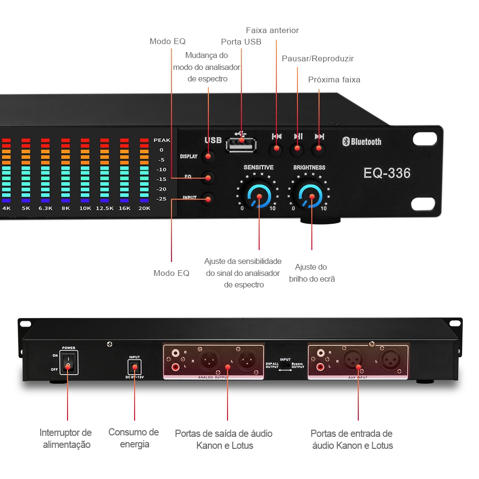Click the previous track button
coord(276,149)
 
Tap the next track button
coord(319,149)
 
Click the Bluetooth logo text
coord(362,141)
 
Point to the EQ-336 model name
coord(387,173)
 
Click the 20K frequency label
coord(144,208)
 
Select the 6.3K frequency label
coord(46,208)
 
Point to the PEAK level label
coord(162,140)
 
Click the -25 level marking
coord(161,199)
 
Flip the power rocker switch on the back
coord(68,363)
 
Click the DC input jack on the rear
coord(135,367)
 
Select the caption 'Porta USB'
coord(241,42)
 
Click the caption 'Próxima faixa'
coord(334,80)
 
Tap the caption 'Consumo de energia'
coord(134,438)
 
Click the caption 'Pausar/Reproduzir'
coord(318,58)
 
